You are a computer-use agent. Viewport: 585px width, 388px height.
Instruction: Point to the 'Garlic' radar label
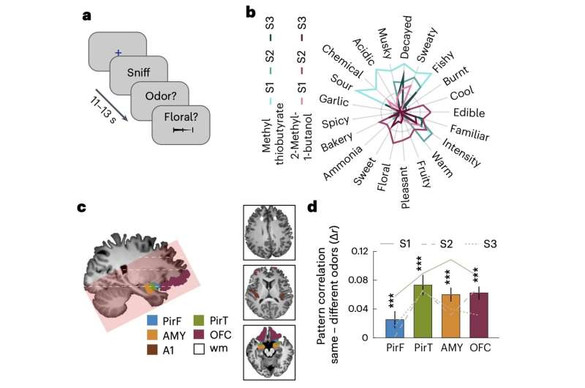point(333,100)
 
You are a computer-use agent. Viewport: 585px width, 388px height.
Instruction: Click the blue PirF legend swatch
point(151,319)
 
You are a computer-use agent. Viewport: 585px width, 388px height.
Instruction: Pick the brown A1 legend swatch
point(151,348)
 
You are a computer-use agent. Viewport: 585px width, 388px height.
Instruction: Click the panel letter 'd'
point(312,208)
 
